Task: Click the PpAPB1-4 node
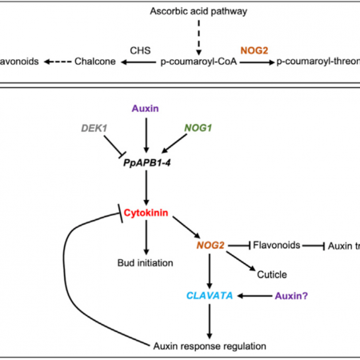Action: pyautogui.click(x=145, y=162)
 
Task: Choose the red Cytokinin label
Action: pyautogui.click(x=145, y=214)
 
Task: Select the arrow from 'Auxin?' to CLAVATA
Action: pyautogui.click(x=256, y=295)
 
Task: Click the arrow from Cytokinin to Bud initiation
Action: pyautogui.click(x=145, y=237)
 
